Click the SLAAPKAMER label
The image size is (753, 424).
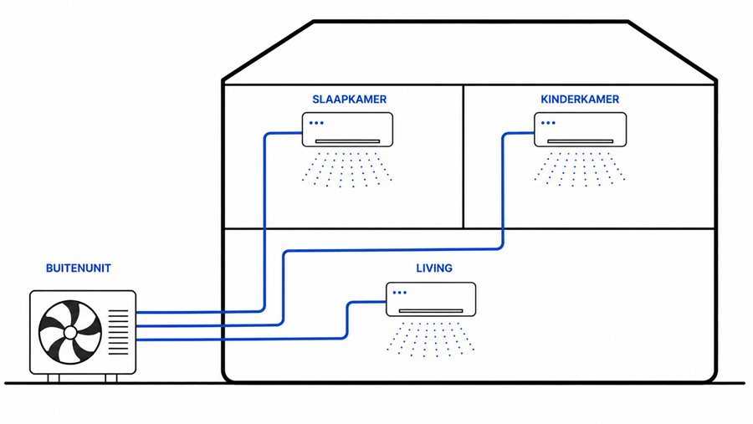coord(349,100)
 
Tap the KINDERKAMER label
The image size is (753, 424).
coord(580,100)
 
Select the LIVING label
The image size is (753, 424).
coord(434,268)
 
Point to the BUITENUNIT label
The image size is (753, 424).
coord(79,268)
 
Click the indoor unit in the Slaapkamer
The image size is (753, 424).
coord(347,130)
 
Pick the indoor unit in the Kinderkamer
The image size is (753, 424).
coord(580,130)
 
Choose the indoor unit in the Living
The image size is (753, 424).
coord(431,299)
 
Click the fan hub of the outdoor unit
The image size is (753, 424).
coord(70,332)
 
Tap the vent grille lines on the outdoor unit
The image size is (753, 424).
coord(118,332)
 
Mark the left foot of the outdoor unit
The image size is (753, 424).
coord(54,378)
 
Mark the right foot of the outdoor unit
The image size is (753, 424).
coord(111,378)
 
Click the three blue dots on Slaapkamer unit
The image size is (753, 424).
coord(316,123)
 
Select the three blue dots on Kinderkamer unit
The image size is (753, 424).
coord(548,123)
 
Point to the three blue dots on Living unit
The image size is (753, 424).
coord(400,293)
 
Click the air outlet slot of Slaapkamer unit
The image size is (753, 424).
coord(347,141)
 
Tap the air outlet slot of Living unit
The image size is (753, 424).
coord(431,310)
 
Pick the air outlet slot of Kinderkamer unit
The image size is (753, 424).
coord(580,141)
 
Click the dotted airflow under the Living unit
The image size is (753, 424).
coord(431,339)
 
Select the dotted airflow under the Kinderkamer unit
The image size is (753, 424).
coord(580,170)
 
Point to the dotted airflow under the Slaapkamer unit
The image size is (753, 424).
coord(346,170)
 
